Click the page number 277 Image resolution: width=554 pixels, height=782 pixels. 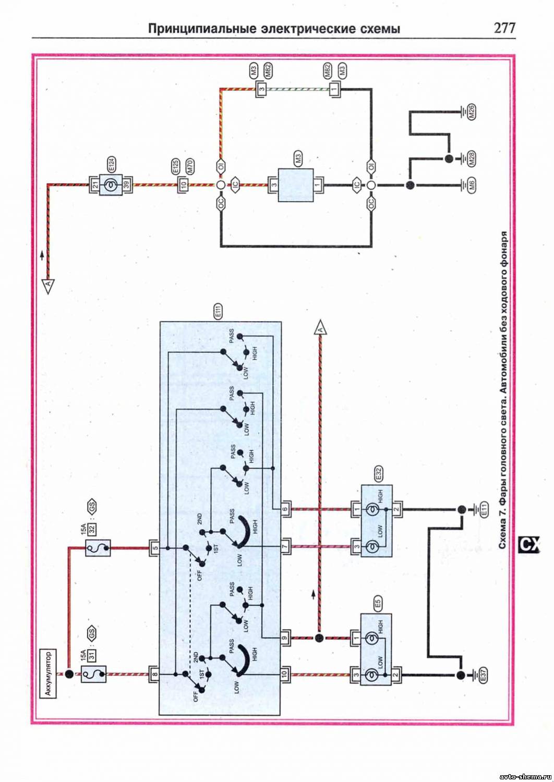504,28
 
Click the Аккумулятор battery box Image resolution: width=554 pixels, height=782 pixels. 49,673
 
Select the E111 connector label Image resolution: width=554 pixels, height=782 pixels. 218,311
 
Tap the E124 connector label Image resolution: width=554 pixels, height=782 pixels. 111,165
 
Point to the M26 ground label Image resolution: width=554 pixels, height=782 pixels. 471,112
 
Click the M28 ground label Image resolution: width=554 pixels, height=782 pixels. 471,158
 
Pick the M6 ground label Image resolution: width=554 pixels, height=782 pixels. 471,185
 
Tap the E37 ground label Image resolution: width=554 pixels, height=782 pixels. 483,676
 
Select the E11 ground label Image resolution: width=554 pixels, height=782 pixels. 484,509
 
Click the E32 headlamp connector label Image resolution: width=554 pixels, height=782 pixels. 378,474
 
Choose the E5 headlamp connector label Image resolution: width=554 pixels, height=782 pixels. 378,604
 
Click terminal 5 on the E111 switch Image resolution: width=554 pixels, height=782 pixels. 154,548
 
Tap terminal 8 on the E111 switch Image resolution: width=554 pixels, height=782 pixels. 154,674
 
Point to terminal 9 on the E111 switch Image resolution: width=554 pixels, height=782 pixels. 285,637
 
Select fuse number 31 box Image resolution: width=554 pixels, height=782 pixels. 91,654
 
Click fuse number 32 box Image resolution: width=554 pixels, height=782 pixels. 91,529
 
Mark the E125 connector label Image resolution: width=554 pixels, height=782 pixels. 175,167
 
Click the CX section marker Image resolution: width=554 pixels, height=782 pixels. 528,545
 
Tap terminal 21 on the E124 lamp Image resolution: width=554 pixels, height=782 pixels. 95,185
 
